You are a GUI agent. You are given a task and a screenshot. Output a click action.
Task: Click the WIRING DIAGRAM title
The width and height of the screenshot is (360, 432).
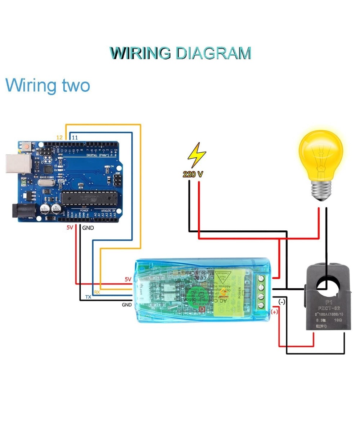(180, 53)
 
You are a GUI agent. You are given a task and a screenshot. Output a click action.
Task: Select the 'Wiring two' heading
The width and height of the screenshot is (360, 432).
(48, 86)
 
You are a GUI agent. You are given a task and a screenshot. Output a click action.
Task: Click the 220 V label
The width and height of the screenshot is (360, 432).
(193, 174)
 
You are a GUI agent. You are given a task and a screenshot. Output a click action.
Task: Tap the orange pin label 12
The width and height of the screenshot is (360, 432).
(59, 137)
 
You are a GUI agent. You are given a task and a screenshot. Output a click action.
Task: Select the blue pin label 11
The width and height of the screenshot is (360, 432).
(75, 137)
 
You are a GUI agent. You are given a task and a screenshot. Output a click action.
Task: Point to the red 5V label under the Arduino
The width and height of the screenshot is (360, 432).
(70, 228)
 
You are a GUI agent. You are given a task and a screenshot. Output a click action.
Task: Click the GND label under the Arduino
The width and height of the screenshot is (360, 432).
(89, 228)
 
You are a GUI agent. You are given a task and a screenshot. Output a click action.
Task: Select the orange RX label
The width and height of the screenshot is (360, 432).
(96, 292)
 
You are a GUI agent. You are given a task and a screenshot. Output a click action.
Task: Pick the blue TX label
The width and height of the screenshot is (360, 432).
(88, 297)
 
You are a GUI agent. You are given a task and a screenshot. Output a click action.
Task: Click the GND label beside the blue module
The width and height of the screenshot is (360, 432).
(127, 305)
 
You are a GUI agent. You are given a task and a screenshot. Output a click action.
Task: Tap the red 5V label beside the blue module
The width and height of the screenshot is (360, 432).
(128, 279)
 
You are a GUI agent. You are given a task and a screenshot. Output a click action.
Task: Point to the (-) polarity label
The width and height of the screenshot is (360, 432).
(282, 302)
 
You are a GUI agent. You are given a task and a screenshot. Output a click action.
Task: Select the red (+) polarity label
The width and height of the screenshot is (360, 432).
(274, 312)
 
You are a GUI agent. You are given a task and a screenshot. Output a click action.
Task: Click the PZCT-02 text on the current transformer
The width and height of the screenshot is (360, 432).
(328, 308)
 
